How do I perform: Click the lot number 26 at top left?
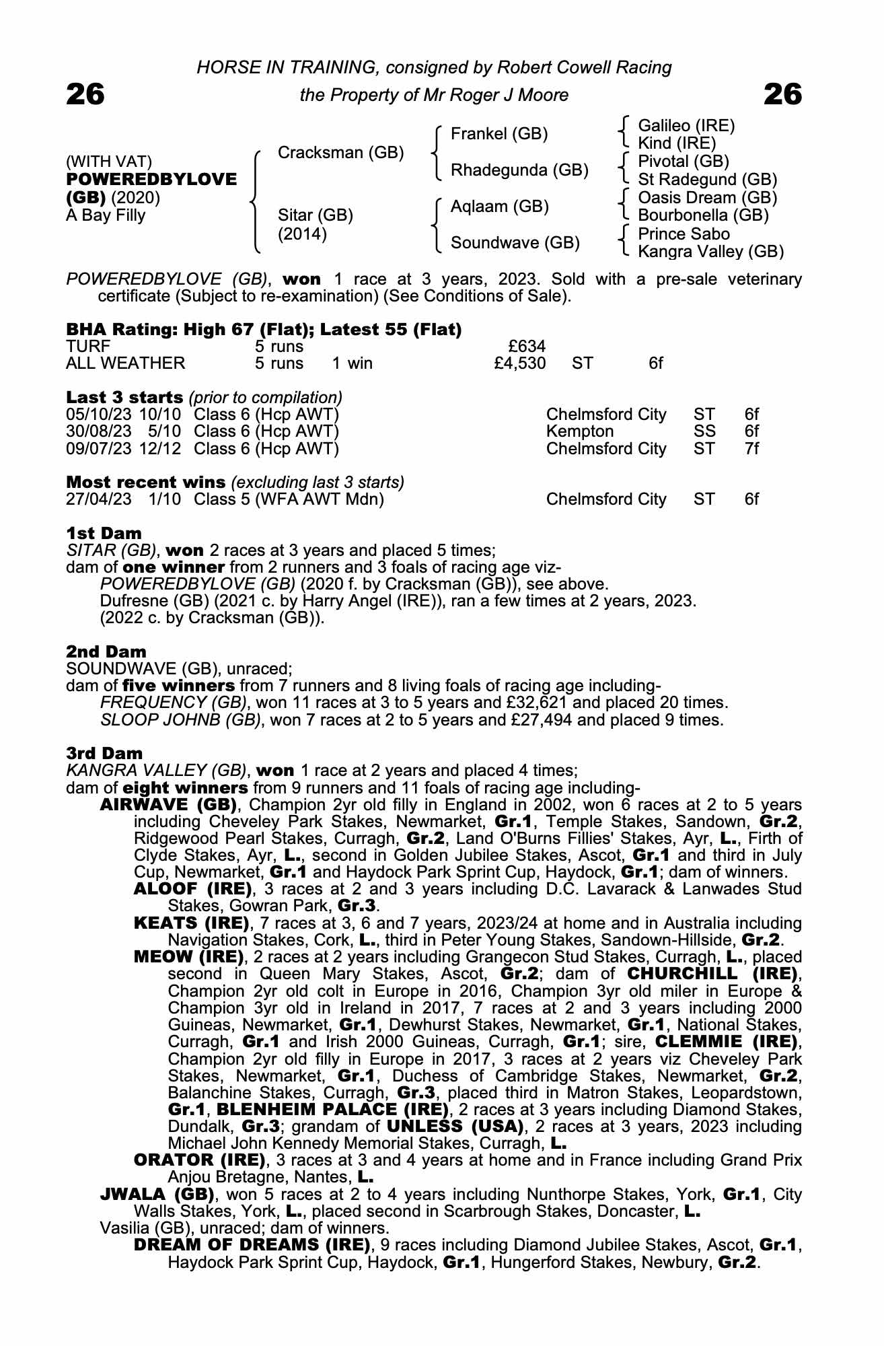coord(85,94)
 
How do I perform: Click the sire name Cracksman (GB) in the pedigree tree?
coord(340,153)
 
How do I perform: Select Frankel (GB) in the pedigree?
coord(499,134)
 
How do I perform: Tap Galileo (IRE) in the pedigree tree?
coord(686,126)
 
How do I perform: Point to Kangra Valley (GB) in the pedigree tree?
coord(710,252)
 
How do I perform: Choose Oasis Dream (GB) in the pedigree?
coord(707,198)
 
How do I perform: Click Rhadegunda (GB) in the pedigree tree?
coord(519,170)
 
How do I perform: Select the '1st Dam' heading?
coord(104,534)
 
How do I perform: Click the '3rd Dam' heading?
coord(104,753)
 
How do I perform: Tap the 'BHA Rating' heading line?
coord(264,330)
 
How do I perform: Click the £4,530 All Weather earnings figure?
coord(519,363)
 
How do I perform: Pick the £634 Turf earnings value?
coord(527,347)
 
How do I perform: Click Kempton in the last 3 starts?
coord(580,431)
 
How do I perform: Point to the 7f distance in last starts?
coord(751,448)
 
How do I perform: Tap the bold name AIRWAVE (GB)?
coord(168,805)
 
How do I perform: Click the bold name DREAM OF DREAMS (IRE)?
coord(252,1244)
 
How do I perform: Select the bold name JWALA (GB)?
coord(157,1195)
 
